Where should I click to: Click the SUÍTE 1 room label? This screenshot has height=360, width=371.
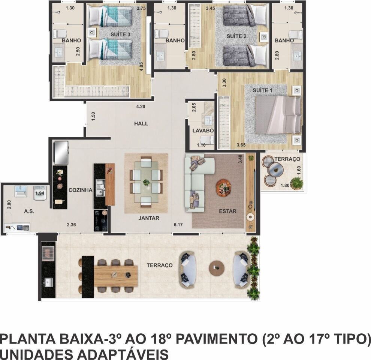coord(262,90)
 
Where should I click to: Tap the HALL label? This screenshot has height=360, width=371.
coord(141,123)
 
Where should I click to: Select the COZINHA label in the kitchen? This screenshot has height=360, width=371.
coord(81,190)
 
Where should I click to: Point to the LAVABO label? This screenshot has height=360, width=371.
coord(203,130)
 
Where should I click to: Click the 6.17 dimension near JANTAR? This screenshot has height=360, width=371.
coord(178,225)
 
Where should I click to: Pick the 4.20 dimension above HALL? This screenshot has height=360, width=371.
coord(141,106)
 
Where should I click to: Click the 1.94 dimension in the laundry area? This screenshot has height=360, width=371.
coord(40,193)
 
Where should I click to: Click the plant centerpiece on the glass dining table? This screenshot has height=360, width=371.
coord(146,182)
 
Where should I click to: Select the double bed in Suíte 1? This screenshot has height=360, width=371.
coord(278,115)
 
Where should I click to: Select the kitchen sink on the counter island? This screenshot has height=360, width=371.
coord(100,187)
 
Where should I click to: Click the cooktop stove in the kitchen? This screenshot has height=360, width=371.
coord(101,221)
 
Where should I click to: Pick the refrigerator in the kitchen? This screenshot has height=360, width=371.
coord(61,153)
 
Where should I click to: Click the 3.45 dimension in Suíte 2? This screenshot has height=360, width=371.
coord(210,8)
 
